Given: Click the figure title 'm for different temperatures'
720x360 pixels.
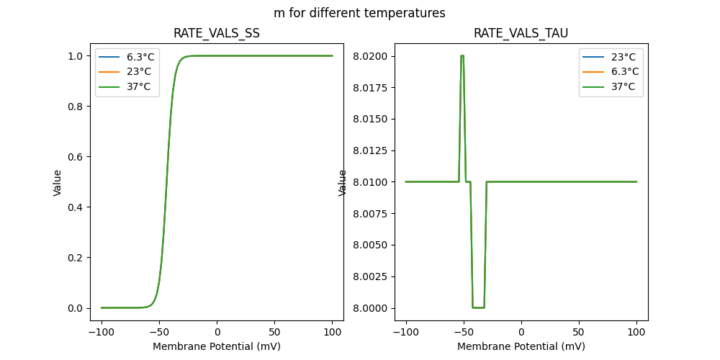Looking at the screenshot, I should click(359, 13).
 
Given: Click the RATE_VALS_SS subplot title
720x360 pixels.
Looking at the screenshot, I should click(217, 34).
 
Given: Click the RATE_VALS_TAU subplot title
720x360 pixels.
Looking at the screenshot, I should click(521, 34).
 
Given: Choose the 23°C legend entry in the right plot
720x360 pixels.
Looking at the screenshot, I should click(623, 57).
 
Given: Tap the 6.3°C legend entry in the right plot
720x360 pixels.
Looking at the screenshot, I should click(623, 72).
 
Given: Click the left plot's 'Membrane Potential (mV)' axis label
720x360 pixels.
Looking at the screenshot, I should click(217, 346).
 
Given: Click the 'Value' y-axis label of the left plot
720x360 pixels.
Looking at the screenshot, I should click(58, 183).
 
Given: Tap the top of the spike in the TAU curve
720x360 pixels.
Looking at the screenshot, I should click(462, 55).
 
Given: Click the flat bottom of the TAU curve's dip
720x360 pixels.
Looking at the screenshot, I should click(478, 307).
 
